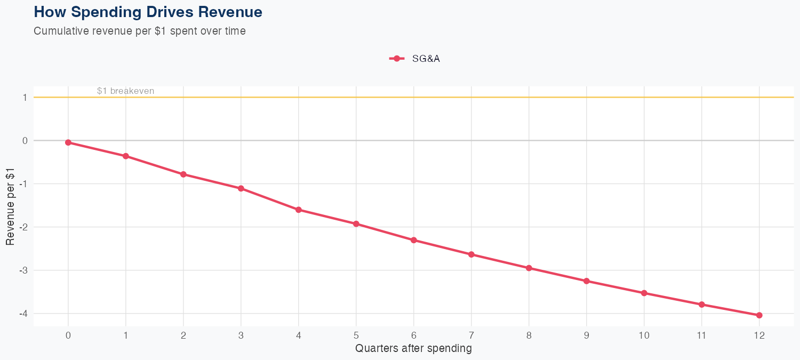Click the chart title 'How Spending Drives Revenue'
pyautogui.click(x=148, y=12)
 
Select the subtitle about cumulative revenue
pyautogui.click(x=140, y=31)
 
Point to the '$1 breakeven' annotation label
pyautogui.click(x=125, y=91)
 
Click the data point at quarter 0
pyautogui.click(x=68, y=142)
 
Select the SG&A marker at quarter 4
pyautogui.click(x=299, y=210)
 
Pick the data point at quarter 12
pyautogui.click(x=759, y=315)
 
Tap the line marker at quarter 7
pyautogui.click(x=471, y=254)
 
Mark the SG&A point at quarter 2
pyautogui.click(x=183, y=174)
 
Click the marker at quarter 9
pyautogui.click(x=587, y=281)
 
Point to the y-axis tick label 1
pyautogui.click(x=25, y=98)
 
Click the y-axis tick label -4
pyautogui.click(x=23, y=314)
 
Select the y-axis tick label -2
pyautogui.click(x=23, y=227)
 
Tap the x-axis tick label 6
pyautogui.click(x=413, y=335)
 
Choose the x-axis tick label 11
pyautogui.click(x=701, y=335)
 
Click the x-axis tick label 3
pyautogui.click(x=241, y=335)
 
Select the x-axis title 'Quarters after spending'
pyautogui.click(x=413, y=349)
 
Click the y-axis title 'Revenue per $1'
pyautogui.click(x=10, y=206)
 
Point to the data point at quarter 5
pyautogui.click(x=356, y=224)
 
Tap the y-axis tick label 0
pyautogui.click(x=25, y=141)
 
